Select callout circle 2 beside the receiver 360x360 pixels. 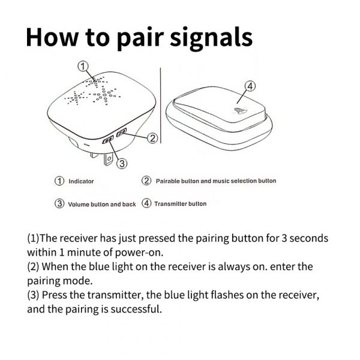(152, 139)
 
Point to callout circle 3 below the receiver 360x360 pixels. (122, 163)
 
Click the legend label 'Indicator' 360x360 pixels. (81, 181)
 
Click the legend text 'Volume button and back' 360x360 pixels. (101, 204)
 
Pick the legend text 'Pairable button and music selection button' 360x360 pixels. (216, 181)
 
